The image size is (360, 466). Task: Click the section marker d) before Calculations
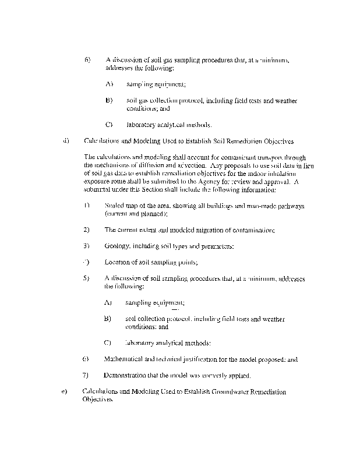pos(66,141)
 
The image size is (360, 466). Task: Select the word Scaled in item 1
pos(114,206)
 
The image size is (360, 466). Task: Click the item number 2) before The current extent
pos(86,230)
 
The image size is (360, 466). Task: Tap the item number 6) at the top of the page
pos(87,60)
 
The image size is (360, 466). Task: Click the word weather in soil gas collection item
pos(285,101)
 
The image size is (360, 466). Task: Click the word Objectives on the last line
pos(97,400)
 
